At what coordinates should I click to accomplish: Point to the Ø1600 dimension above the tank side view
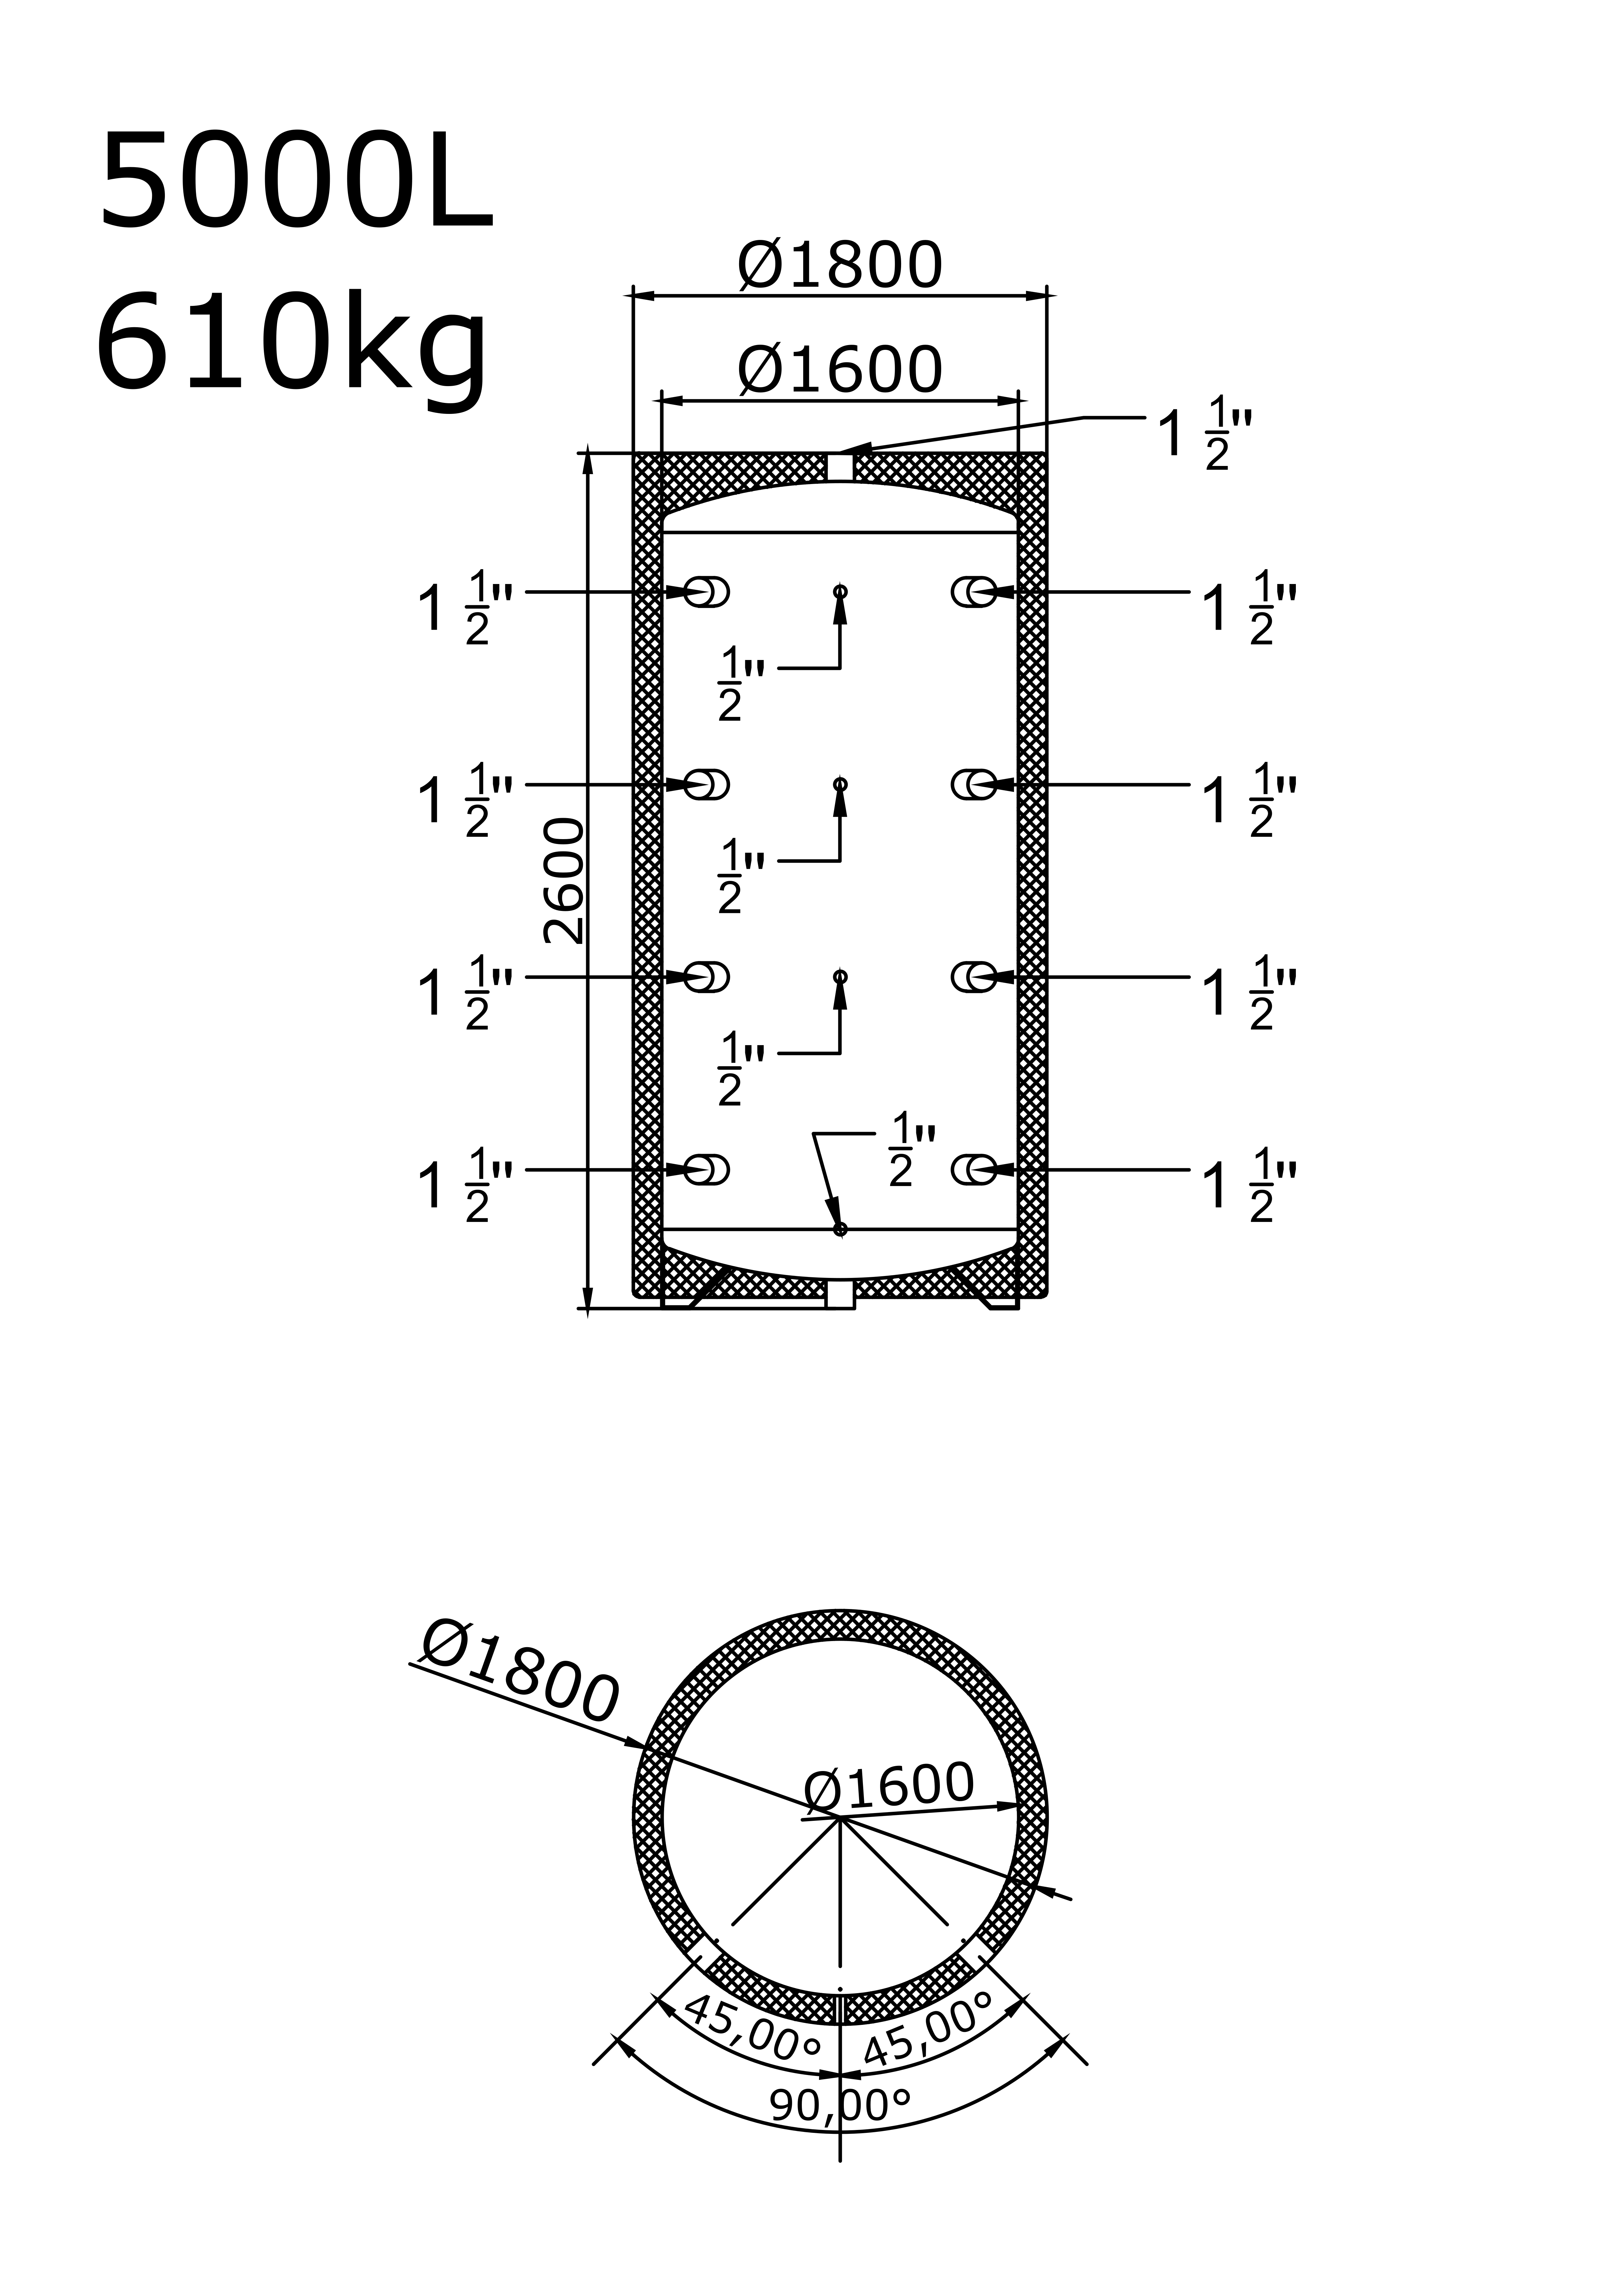(840, 371)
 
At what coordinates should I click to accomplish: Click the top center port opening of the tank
(840, 467)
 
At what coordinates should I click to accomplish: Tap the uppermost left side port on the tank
(707, 592)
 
